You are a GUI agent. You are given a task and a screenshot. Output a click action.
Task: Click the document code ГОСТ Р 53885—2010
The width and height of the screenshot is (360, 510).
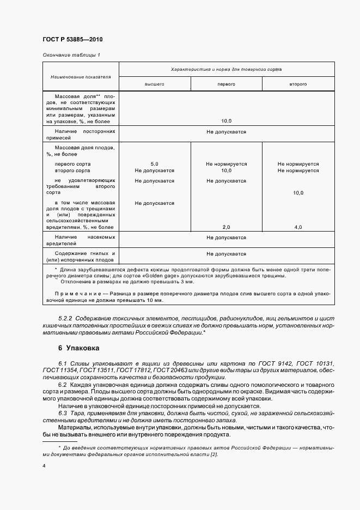(72, 40)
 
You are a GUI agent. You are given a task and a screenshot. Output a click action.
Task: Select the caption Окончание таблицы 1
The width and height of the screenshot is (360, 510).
(71, 55)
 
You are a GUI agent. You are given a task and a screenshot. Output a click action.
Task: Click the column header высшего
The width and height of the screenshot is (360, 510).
(154, 84)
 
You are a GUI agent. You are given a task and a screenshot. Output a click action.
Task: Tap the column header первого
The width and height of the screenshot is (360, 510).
(226, 84)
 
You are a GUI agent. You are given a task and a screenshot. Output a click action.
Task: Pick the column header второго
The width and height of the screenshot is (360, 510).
(298, 84)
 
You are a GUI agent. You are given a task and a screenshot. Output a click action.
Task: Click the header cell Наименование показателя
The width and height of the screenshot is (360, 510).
(81, 77)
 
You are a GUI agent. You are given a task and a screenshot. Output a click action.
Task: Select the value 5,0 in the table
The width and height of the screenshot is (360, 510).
(154, 163)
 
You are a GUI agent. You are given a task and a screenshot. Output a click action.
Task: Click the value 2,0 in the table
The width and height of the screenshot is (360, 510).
(226, 227)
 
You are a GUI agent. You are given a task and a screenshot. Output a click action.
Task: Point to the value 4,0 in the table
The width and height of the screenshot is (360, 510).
(298, 227)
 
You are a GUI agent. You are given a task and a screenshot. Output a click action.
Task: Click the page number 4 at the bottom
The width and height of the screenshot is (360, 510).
(44, 466)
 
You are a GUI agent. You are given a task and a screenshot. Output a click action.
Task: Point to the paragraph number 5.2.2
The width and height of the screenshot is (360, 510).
(65, 318)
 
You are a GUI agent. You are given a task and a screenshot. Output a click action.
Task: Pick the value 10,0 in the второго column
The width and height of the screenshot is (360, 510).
(298, 193)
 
